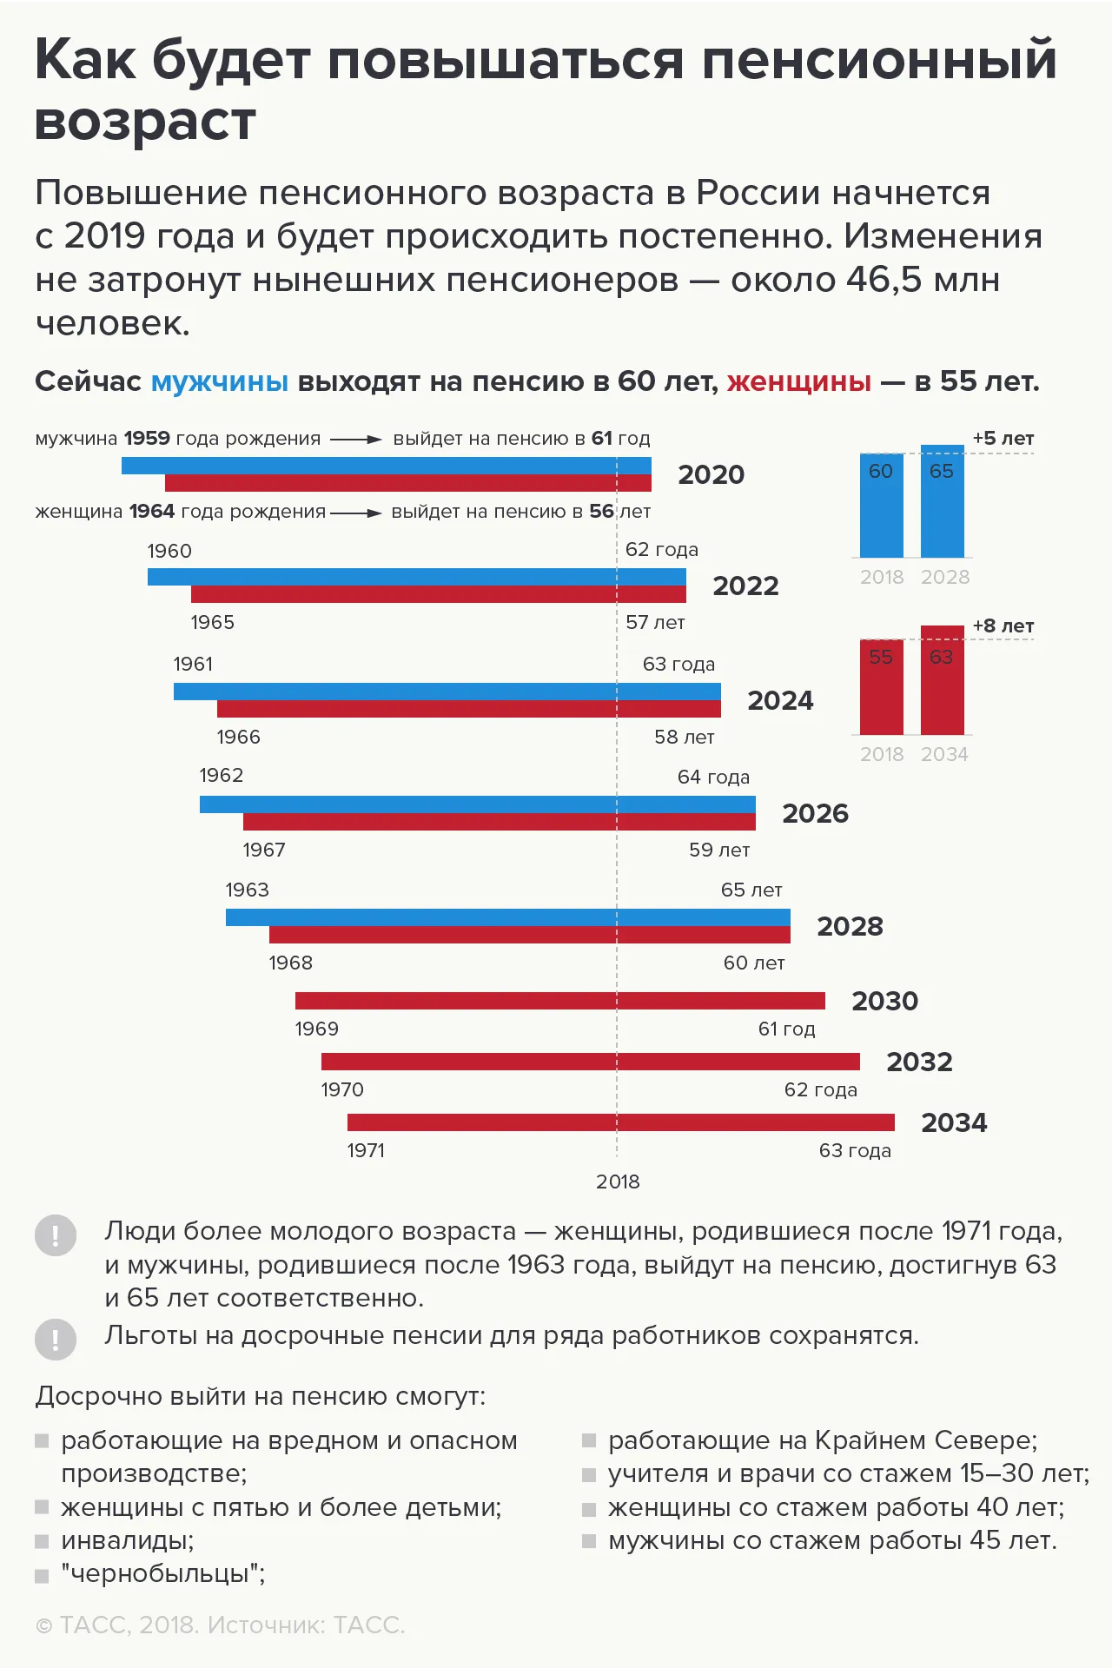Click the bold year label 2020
[712, 474]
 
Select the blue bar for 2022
[417, 577]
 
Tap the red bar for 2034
[621, 1122]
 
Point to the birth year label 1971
[366, 1150]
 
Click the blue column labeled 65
[943, 501]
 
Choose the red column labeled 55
[882, 687]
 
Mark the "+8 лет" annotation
[1003, 625]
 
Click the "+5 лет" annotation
[1003, 438]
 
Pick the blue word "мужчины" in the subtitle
[220, 381]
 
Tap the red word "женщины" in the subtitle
[799, 381]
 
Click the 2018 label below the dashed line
[618, 1181]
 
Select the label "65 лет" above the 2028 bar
[751, 890]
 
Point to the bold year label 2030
[885, 1001]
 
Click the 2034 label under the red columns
[944, 754]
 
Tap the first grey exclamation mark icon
[56, 1235]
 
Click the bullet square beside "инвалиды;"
[42, 1542]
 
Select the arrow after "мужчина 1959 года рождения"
[356, 440]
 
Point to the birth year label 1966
[239, 737]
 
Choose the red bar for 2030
[560, 1001]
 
